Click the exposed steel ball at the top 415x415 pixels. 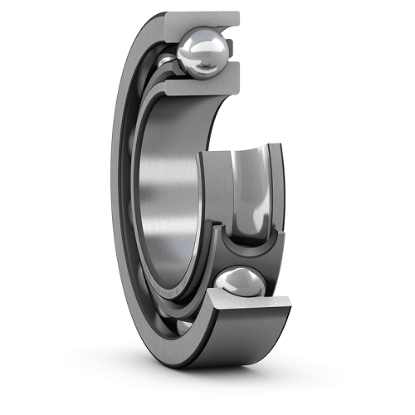[202, 51]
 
